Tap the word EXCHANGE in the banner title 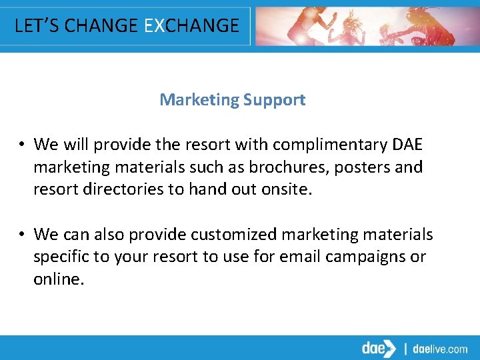coord(191,25)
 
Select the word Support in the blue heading coord(274,100)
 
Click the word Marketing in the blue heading coord(199,100)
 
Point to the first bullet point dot coord(22,145)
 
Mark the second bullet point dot coord(22,235)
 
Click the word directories coord(126,189)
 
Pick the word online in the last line coord(58,279)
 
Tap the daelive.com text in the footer coord(441,349)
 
